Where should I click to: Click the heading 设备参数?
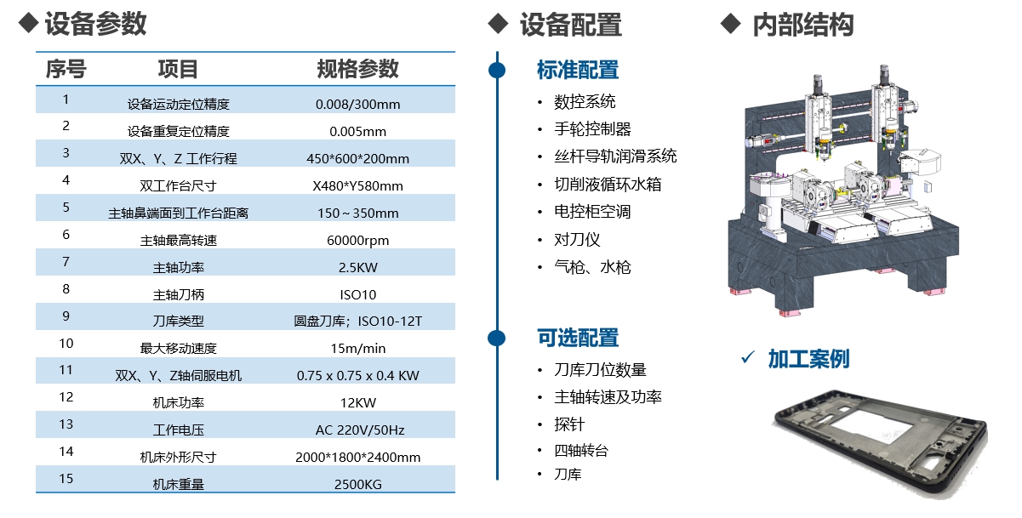click(95, 24)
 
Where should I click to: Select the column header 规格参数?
click(357, 69)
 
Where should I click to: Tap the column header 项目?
click(179, 69)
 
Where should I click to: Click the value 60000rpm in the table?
click(357, 241)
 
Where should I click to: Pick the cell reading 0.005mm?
click(357, 132)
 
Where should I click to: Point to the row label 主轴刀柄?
click(179, 295)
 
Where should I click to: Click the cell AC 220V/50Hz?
click(357, 430)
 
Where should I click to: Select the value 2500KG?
click(357, 485)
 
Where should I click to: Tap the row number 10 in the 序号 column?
click(66, 344)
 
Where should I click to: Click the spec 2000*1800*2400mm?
click(357, 458)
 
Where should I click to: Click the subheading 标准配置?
click(578, 70)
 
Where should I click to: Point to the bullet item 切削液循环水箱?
click(608, 185)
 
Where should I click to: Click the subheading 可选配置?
click(578, 338)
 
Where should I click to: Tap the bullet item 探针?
click(569, 424)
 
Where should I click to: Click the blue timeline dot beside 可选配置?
click(497, 338)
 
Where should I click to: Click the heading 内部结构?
click(802, 25)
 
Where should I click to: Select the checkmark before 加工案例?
click(748, 358)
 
